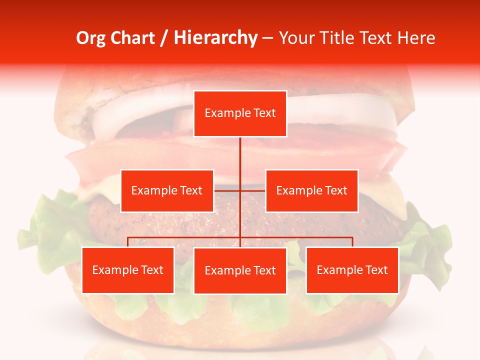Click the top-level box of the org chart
(x=240, y=113)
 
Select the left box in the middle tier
(x=167, y=190)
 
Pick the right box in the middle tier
(x=311, y=190)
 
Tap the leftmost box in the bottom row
(x=128, y=270)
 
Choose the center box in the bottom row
(x=240, y=270)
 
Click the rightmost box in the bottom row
(x=352, y=270)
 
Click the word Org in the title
(x=90, y=38)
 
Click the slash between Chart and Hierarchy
(x=164, y=38)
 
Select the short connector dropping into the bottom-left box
(x=128, y=242)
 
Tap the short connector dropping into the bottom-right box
(x=352, y=242)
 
